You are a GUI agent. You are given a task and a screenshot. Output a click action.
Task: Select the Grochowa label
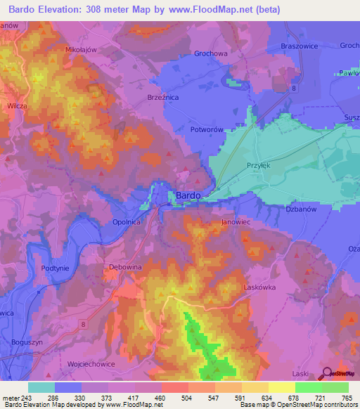pos(210,53)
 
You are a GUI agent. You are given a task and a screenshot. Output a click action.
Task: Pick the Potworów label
pos(207,131)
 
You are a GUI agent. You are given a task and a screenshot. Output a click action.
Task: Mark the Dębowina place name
pos(126,268)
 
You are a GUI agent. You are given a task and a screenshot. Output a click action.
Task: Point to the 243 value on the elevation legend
pos(26,397)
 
